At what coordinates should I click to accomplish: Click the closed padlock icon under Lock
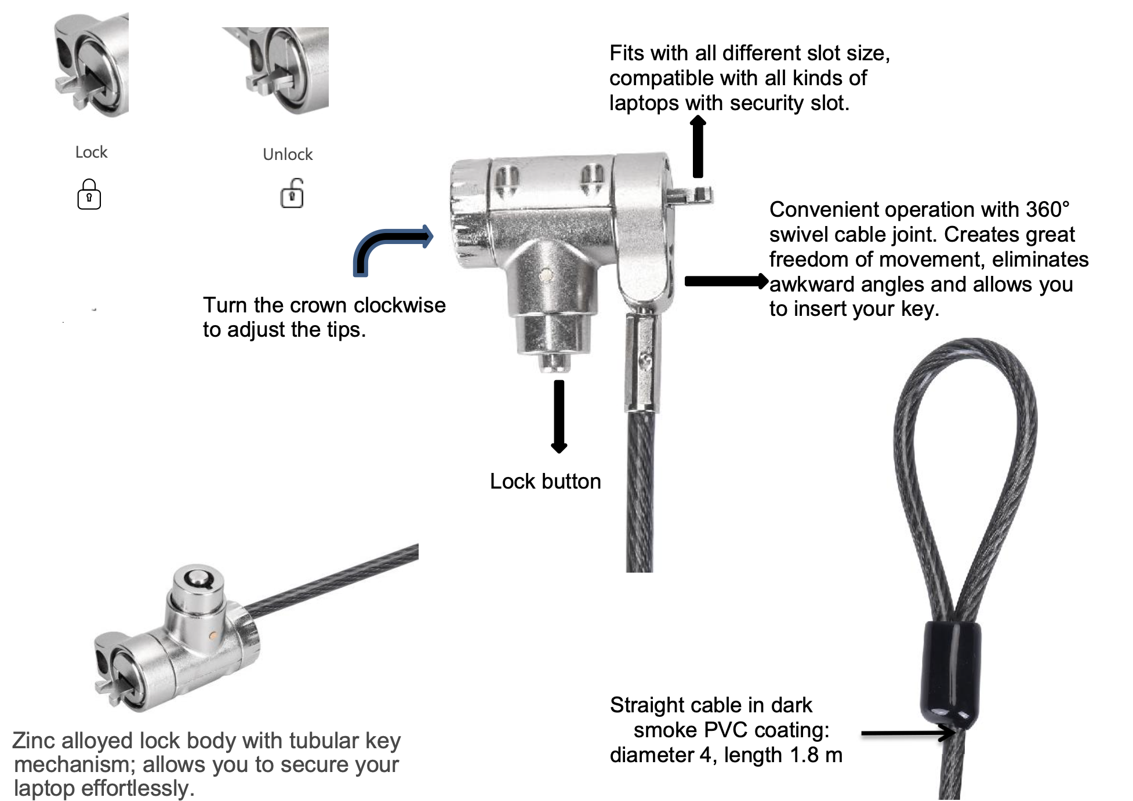tap(89, 194)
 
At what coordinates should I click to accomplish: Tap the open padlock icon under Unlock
tap(292, 194)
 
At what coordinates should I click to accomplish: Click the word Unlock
tap(288, 154)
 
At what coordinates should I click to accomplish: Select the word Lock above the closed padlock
tap(91, 152)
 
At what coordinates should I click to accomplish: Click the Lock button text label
tap(545, 482)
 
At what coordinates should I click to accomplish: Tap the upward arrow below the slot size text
tap(698, 147)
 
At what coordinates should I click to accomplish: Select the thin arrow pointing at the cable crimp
tap(907, 733)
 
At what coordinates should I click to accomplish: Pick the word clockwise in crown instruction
tap(400, 305)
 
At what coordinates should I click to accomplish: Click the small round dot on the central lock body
tap(545, 275)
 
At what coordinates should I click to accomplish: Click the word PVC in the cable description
tap(731, 730)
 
